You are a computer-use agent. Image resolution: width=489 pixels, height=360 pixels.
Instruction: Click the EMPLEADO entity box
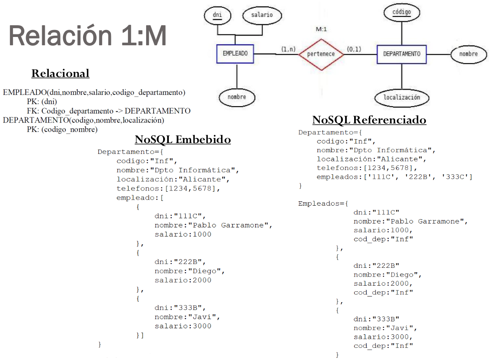(x=235, y=53)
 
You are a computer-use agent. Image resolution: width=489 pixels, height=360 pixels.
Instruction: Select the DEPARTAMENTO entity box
(x=402, y=54)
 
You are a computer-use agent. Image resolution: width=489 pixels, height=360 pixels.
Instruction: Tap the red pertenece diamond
(x=321, y=54)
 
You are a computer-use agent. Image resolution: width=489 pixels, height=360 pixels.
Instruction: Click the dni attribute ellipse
(x=218, y=15)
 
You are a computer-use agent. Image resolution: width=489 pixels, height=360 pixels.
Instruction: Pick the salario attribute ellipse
(x=262, y=15)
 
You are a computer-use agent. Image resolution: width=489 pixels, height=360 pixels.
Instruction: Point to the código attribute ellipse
(x=402, y=12)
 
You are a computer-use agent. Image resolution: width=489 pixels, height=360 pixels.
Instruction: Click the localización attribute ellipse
(x=402, y=97)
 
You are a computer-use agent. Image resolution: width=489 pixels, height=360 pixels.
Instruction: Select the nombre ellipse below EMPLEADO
(x=237, y=97)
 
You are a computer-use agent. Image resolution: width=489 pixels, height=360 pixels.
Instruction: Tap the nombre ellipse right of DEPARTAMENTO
(x=469, y=54)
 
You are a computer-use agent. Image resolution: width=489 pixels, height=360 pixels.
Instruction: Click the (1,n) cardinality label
(x=288, y=49)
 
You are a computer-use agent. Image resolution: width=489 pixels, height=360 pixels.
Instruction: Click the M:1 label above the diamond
(x=321, y=29)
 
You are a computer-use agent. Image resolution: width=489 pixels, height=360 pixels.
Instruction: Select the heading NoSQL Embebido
(x=183, y=139)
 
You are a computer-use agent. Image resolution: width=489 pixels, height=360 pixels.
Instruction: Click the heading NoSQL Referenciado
(x=369, y=120)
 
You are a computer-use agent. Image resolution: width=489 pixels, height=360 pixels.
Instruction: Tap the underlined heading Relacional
(x=60, y=73)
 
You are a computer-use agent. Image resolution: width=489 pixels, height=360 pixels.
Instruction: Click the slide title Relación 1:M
(x=87, y=36)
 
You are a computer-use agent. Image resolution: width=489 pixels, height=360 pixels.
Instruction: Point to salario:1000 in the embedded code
(x=183, y=234)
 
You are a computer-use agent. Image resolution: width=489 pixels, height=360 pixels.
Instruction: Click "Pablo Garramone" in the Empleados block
(x=425, y=221)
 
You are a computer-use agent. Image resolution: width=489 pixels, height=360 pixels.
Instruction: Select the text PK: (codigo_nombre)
(x=62, y=130)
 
